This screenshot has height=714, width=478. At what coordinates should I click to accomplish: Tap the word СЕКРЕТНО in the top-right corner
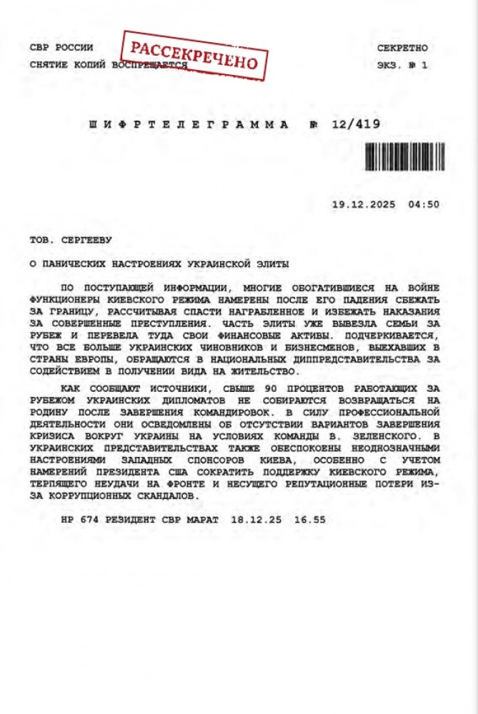tap(402, 48)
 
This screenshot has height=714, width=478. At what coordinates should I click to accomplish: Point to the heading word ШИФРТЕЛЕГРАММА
tap(189, 124)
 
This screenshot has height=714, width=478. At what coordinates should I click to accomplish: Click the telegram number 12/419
tap(356, 124)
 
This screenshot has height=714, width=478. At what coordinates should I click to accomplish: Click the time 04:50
tap(424, 204)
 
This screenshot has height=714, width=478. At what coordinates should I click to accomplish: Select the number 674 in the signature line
tap(88, 520)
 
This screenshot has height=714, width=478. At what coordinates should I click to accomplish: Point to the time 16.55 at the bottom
tap(309, 520)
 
